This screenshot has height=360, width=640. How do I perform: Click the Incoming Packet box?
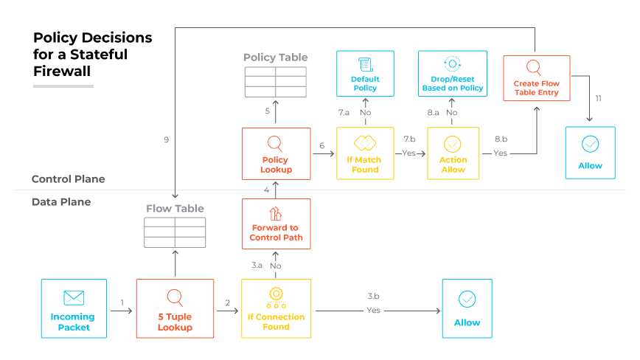point(74,308)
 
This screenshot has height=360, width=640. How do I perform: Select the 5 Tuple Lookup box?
point(175,308)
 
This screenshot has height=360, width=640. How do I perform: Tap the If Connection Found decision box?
point(276,308)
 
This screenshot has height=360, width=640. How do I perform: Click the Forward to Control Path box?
point(276,224)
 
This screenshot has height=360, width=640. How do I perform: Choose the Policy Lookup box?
point(276,153)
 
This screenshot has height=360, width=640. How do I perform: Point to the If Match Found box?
point(365,153)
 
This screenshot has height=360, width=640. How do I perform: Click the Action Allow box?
point(453,153)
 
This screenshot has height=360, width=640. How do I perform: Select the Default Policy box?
point(365,73)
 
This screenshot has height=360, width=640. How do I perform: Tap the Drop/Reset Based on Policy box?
point(453,73)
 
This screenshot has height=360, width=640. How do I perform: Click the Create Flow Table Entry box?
point(536,77)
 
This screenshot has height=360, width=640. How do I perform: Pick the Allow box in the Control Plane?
point(590,153)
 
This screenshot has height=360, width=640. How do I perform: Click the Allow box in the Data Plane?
point(467,308)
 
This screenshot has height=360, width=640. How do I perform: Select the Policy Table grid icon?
point(276,82)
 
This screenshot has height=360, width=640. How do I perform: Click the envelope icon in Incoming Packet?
point(74,297)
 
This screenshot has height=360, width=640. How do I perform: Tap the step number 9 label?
point(167,139)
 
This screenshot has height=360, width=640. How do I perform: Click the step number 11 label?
point(598,98)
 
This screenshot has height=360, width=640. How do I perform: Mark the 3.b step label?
point(373,296)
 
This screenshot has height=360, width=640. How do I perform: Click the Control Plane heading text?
point(68,179)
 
